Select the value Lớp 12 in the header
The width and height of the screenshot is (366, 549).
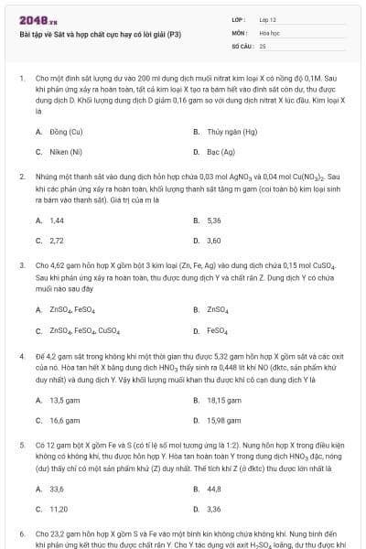[x=267, y=19]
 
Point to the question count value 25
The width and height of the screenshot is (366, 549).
[x=263, y=45]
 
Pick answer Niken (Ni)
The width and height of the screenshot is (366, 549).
[x=66, y=152]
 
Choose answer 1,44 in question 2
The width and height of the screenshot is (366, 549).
[x=57, y=221]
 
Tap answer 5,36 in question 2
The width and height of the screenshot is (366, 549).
[x=214, y=221]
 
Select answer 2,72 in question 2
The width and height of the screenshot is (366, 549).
[x=57, y=241]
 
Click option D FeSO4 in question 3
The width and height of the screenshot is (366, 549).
[x=218, y=330]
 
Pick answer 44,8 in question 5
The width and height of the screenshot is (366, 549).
[x=214, y=489]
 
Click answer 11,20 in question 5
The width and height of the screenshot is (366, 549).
[x=59, y=509]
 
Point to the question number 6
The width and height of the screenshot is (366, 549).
[x=22, y=533]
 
